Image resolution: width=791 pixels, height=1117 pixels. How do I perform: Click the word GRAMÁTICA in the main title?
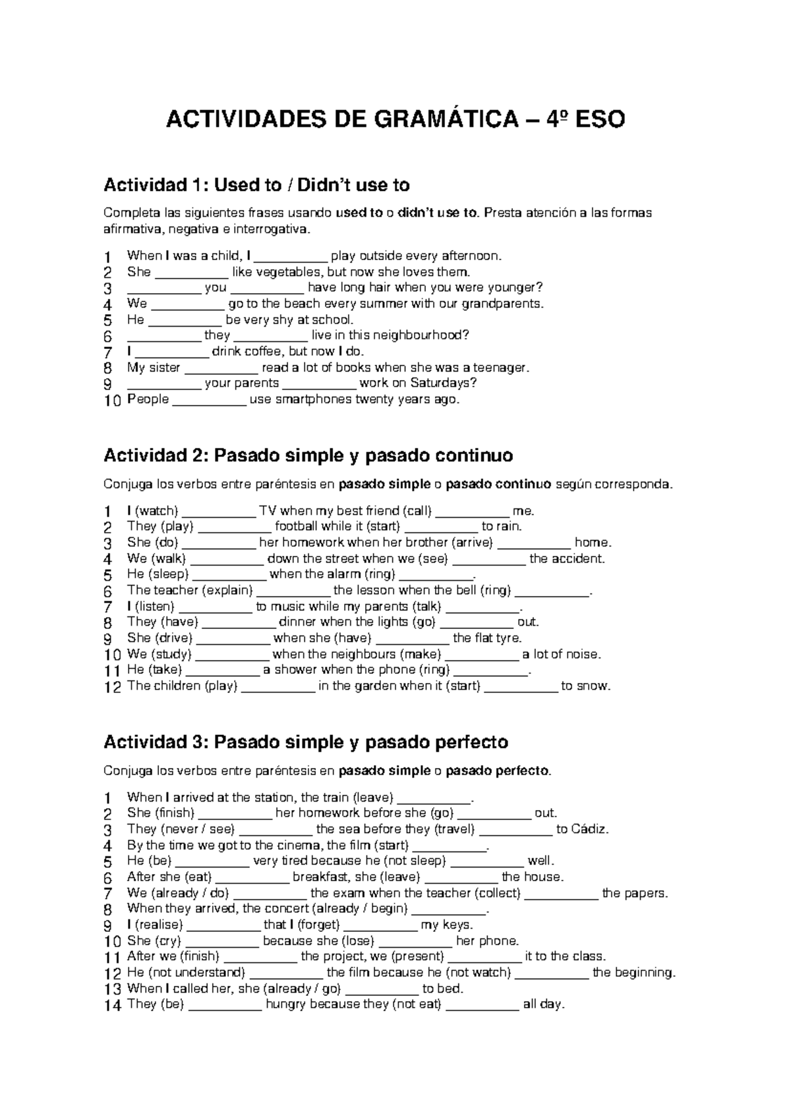point(446,120)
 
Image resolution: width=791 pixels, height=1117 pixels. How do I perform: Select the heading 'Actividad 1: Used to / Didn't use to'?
point(256,185)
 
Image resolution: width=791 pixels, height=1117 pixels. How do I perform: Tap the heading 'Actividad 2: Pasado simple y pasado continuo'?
point(308,456)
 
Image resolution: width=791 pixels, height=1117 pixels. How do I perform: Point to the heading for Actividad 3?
point(306,742)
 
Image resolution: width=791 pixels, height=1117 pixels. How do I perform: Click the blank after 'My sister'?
point(221,368)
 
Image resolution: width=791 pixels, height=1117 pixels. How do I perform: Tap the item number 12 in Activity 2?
point(113,687)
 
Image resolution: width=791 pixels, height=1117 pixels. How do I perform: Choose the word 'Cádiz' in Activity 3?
point(591,829)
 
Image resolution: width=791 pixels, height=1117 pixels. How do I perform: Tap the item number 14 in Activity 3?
point(113,1005)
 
